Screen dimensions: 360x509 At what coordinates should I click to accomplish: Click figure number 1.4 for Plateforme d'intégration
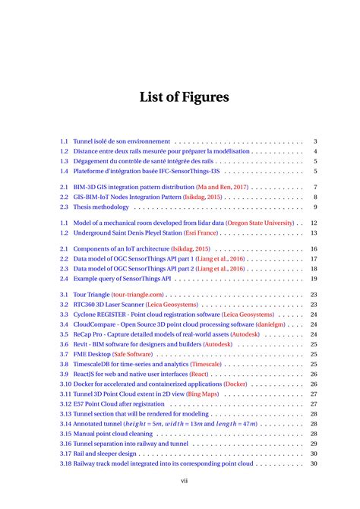(x=65, y=171)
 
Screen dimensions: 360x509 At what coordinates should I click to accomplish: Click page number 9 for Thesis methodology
(x=314, y=207)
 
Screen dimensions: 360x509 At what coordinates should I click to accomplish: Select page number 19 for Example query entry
(x=313, y=279)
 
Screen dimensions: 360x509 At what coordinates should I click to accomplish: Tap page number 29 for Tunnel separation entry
(x=313, y=444)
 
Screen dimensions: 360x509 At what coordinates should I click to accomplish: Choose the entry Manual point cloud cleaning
(x=118, y=434)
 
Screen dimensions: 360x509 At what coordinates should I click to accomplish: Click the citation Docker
(x=235, y=384)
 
